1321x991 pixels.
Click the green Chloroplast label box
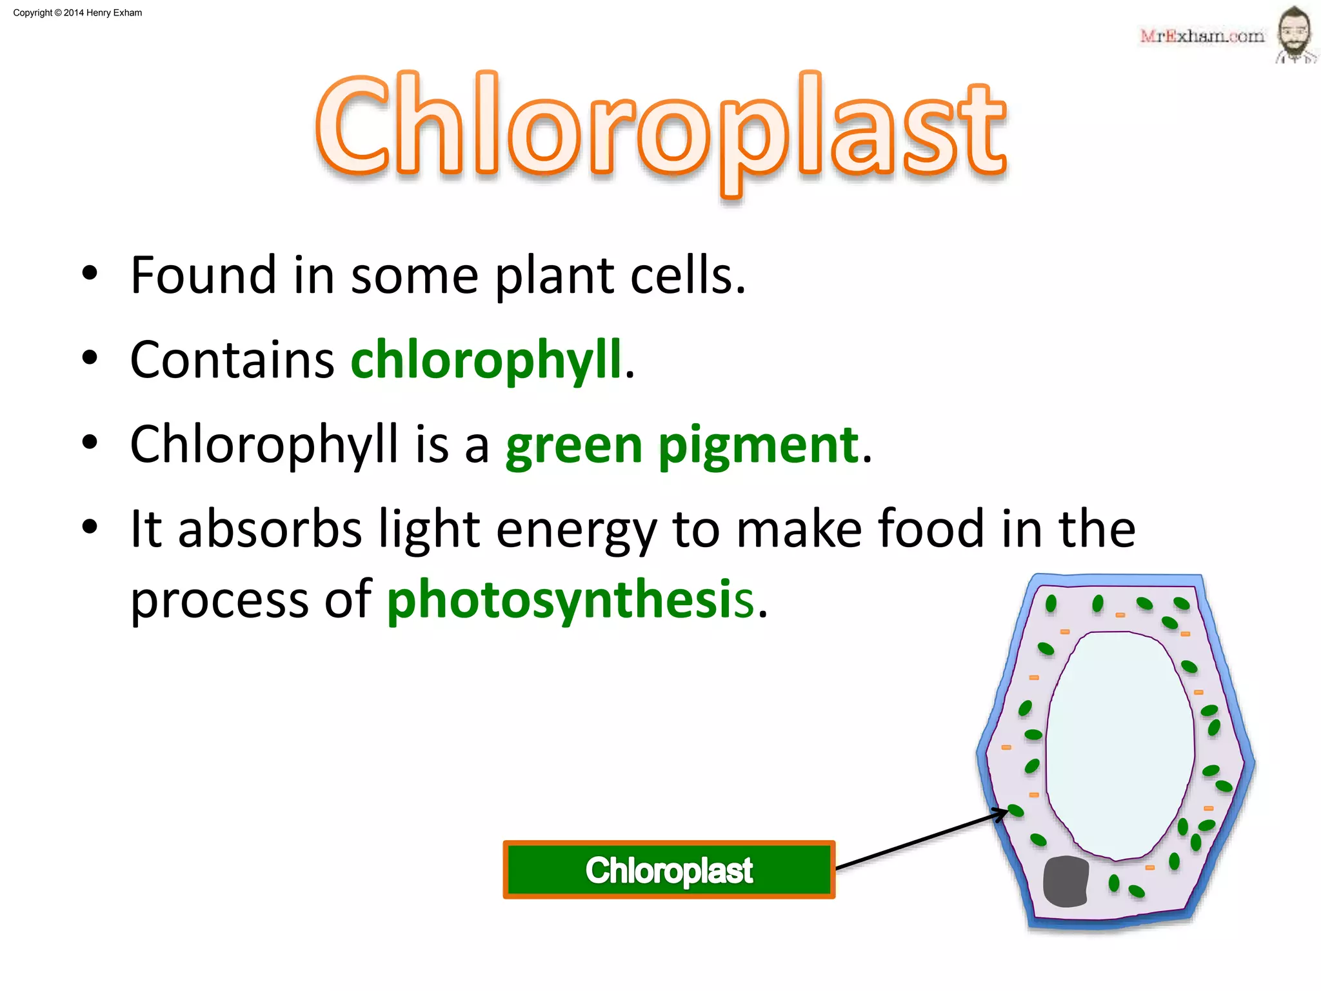tap(669, 870)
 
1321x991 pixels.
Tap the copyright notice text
tap(77, 13)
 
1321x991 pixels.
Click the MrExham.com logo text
tap(1202, 36)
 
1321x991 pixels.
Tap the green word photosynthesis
tap(570, 599)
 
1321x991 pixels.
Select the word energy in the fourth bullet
tap(576, 530)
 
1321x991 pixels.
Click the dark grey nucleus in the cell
tap(1066, 881)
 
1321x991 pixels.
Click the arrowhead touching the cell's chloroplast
tap(1002, 814)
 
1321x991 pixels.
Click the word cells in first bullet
tap(686, 275)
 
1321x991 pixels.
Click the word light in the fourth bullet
tap(429, 530)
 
